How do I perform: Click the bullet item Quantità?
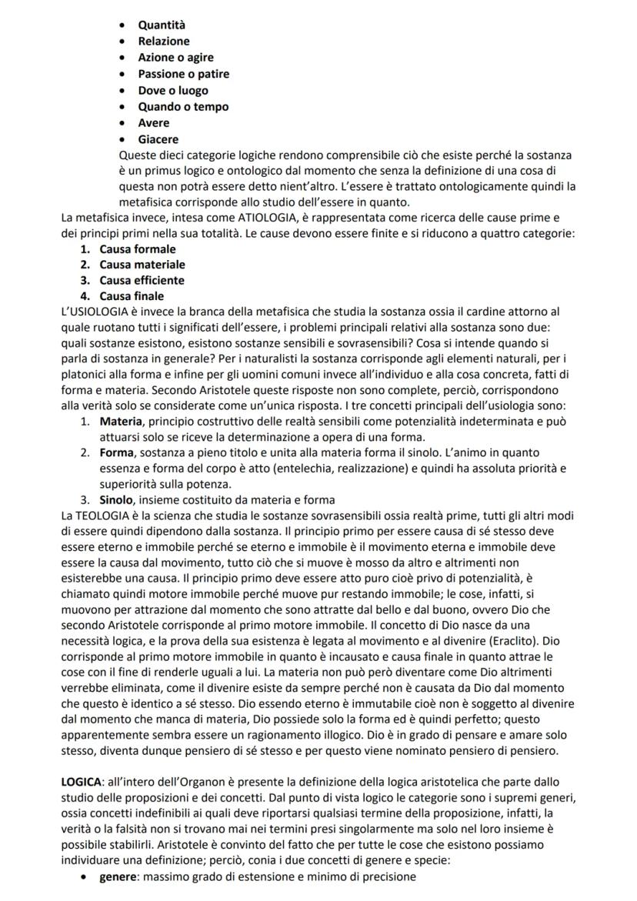coord(162,25)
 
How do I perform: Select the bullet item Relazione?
coord(163,42)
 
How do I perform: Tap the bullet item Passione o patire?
coord(183,74)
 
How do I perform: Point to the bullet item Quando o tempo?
coord(183,107)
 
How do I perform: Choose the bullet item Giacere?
coord(158,139)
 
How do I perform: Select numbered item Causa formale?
coord(137,249)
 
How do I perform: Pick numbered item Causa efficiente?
coord(142,280)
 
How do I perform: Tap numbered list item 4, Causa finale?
coord(132,296)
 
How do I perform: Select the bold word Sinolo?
coord(118,500)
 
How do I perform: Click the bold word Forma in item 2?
coord(118,453)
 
